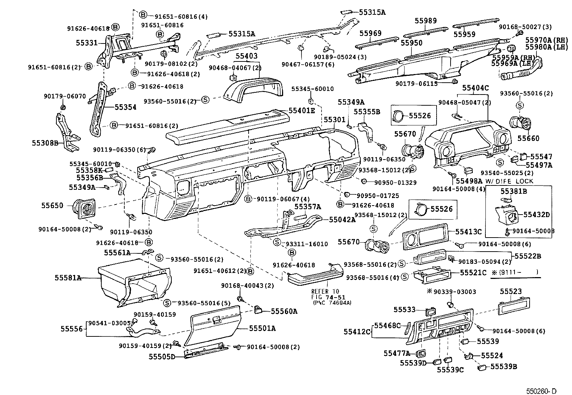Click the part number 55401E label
(x=302, y=111)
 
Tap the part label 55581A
(x=68, y=278)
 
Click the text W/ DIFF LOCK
(x=509, y=181)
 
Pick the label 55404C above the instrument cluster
(x=475, y=88)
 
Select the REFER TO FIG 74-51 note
(x=326, y=297)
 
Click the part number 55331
(x=87, y=43)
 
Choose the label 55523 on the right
(x=511, y=291)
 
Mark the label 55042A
(x=342, y=220)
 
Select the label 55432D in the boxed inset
(x=536, y=215)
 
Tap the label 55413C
(x=468, y=232)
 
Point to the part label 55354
(x=125, y=107)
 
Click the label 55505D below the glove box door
(x=162, y=357)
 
